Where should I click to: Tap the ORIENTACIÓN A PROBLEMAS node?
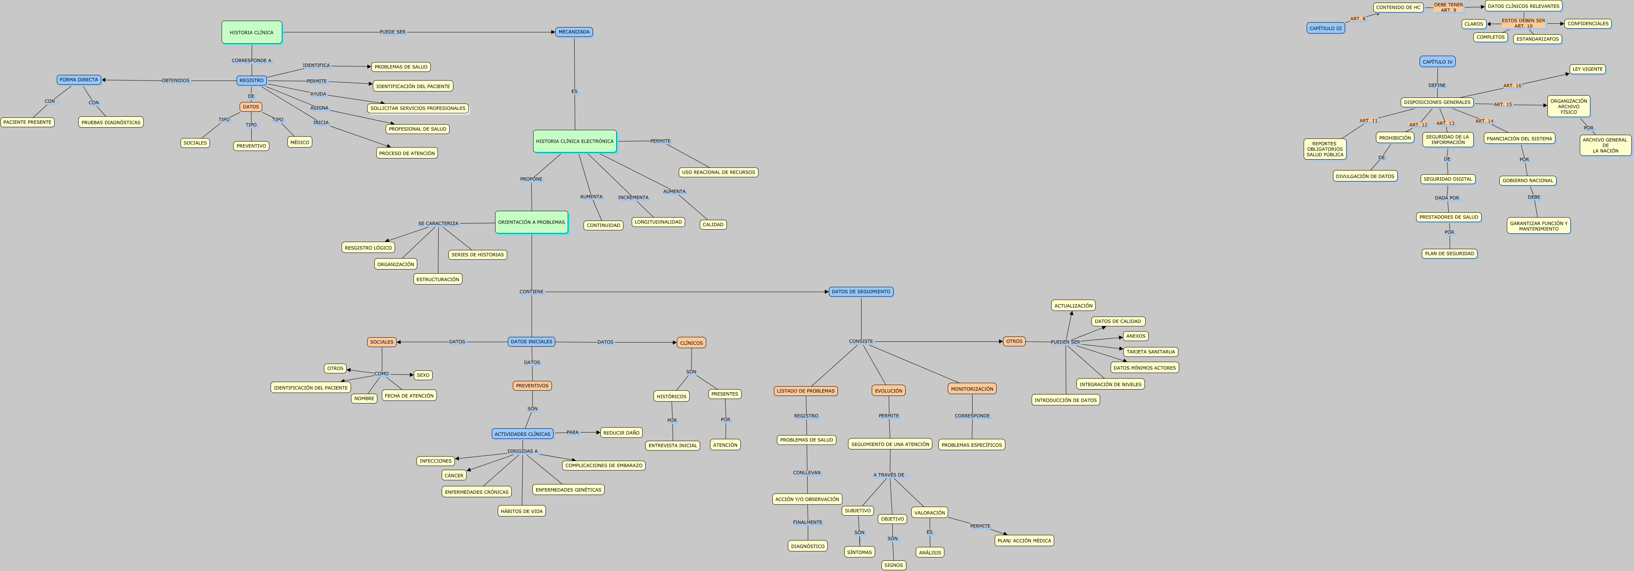coord(531,222)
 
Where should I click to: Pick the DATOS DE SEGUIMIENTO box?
coord(861,292)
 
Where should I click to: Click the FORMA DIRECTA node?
coord(79,80)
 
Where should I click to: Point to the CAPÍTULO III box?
coord(1325,28)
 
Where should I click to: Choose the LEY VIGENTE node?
coord(1587,69)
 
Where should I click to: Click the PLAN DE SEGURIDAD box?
coord(1449,254)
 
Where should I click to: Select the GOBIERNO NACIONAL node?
coord(1528,181)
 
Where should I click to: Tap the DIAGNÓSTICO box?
coord(807,546)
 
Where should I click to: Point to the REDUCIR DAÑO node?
coord(621,433)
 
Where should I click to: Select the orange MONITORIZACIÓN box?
coord(972,389)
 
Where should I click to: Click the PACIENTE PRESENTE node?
coord(27,122)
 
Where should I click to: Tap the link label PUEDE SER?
coord(392,32)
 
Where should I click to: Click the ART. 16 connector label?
coord(1512,86)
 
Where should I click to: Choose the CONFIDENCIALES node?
coord(1588,23)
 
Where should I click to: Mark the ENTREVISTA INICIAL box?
coord(672,445)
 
